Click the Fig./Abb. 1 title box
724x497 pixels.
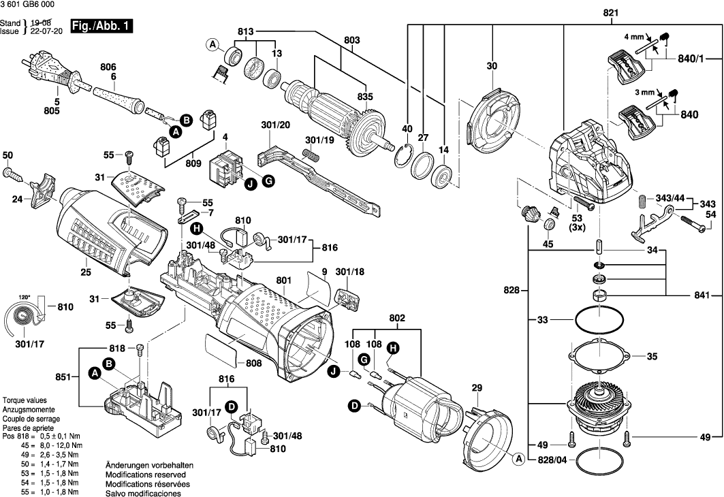click(101, 27)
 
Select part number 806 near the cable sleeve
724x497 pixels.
click(108, 67)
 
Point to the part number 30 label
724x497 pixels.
click(492, 66)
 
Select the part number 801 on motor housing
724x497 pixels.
click(285, 279)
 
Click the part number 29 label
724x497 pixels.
click(476, 387)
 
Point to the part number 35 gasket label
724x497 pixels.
click(652, 356)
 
